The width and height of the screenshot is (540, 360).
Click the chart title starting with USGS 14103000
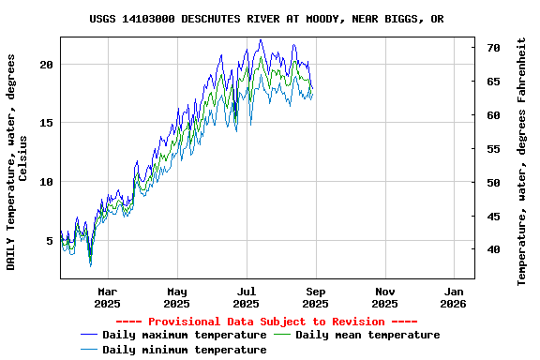(267, 19)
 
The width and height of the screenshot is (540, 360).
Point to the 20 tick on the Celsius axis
(46, 64)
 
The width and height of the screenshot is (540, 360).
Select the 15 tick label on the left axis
(46, 123)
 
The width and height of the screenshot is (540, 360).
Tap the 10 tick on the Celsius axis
(46, 182)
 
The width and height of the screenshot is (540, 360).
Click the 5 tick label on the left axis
(50, 241)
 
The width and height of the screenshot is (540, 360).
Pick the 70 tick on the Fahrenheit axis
(493, 47)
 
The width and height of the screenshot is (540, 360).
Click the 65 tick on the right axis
(493, 82)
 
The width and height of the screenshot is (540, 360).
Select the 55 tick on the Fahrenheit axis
(493, 149)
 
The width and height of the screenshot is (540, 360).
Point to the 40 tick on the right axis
(493, 249)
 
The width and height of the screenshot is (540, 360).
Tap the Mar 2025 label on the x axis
(107, 297)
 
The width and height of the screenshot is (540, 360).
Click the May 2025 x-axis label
(176, 297)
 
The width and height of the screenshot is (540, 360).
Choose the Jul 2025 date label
(246, 297)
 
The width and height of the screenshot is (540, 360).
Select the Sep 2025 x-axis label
(315, 297)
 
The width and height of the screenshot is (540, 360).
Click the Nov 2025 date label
(384, 297)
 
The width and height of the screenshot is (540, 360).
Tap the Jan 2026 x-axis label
(454, 297)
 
